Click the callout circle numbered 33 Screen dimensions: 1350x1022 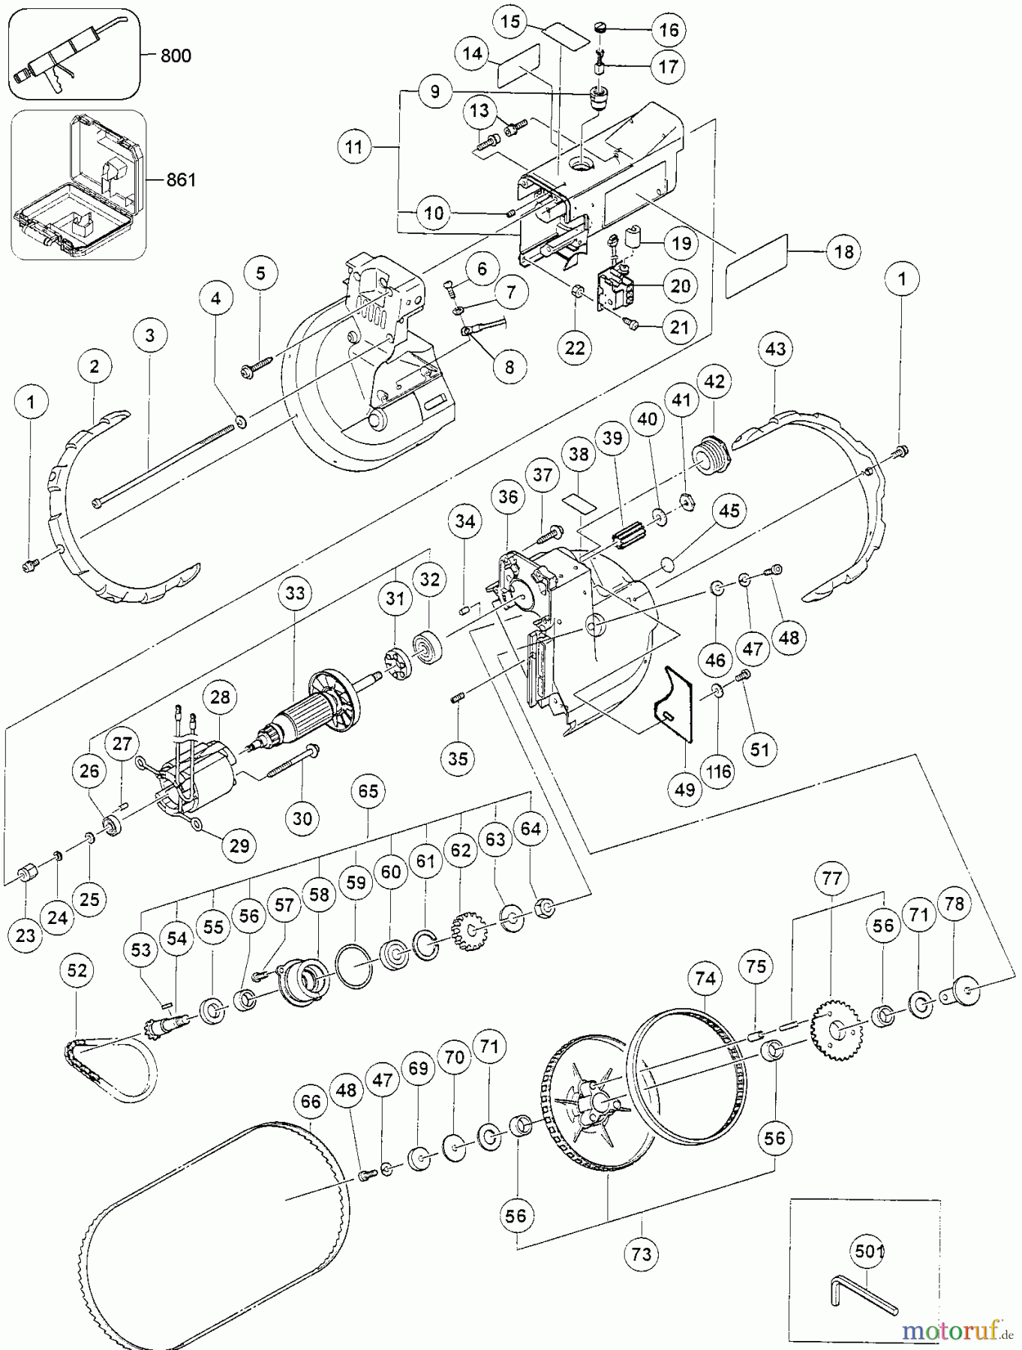coord(295,592)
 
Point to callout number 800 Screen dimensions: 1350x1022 coord(176,55)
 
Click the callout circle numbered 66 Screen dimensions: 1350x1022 coord(311,1102)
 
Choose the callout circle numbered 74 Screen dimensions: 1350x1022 coord(705,978)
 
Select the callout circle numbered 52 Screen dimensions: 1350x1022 coord(77,970)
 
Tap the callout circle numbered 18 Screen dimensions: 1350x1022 coord(844,252)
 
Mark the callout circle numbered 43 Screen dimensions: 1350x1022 coord(775,349)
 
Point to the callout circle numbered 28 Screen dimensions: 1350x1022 coord(220,697)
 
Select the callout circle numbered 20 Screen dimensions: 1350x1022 coord(680,286)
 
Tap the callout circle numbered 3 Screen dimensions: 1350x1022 coord(150,335)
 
